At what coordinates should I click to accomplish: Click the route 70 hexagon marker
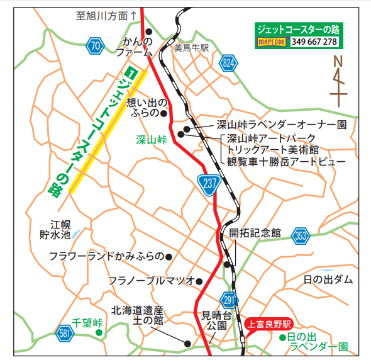point(95,45)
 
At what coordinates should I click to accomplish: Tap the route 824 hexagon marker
point(231,64)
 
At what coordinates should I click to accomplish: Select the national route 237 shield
point(208,183)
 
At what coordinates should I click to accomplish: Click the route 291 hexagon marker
point(229,299)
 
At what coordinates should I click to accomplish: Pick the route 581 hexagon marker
point(65,334)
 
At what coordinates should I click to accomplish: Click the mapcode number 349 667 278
point(314,42)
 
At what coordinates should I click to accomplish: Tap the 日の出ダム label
point(328,279)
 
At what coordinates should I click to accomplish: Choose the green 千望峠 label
point(87,322)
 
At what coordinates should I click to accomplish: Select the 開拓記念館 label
point(255,232)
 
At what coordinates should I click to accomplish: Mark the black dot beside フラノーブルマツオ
point(199,281)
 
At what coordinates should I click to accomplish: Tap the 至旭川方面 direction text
point(106,16)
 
